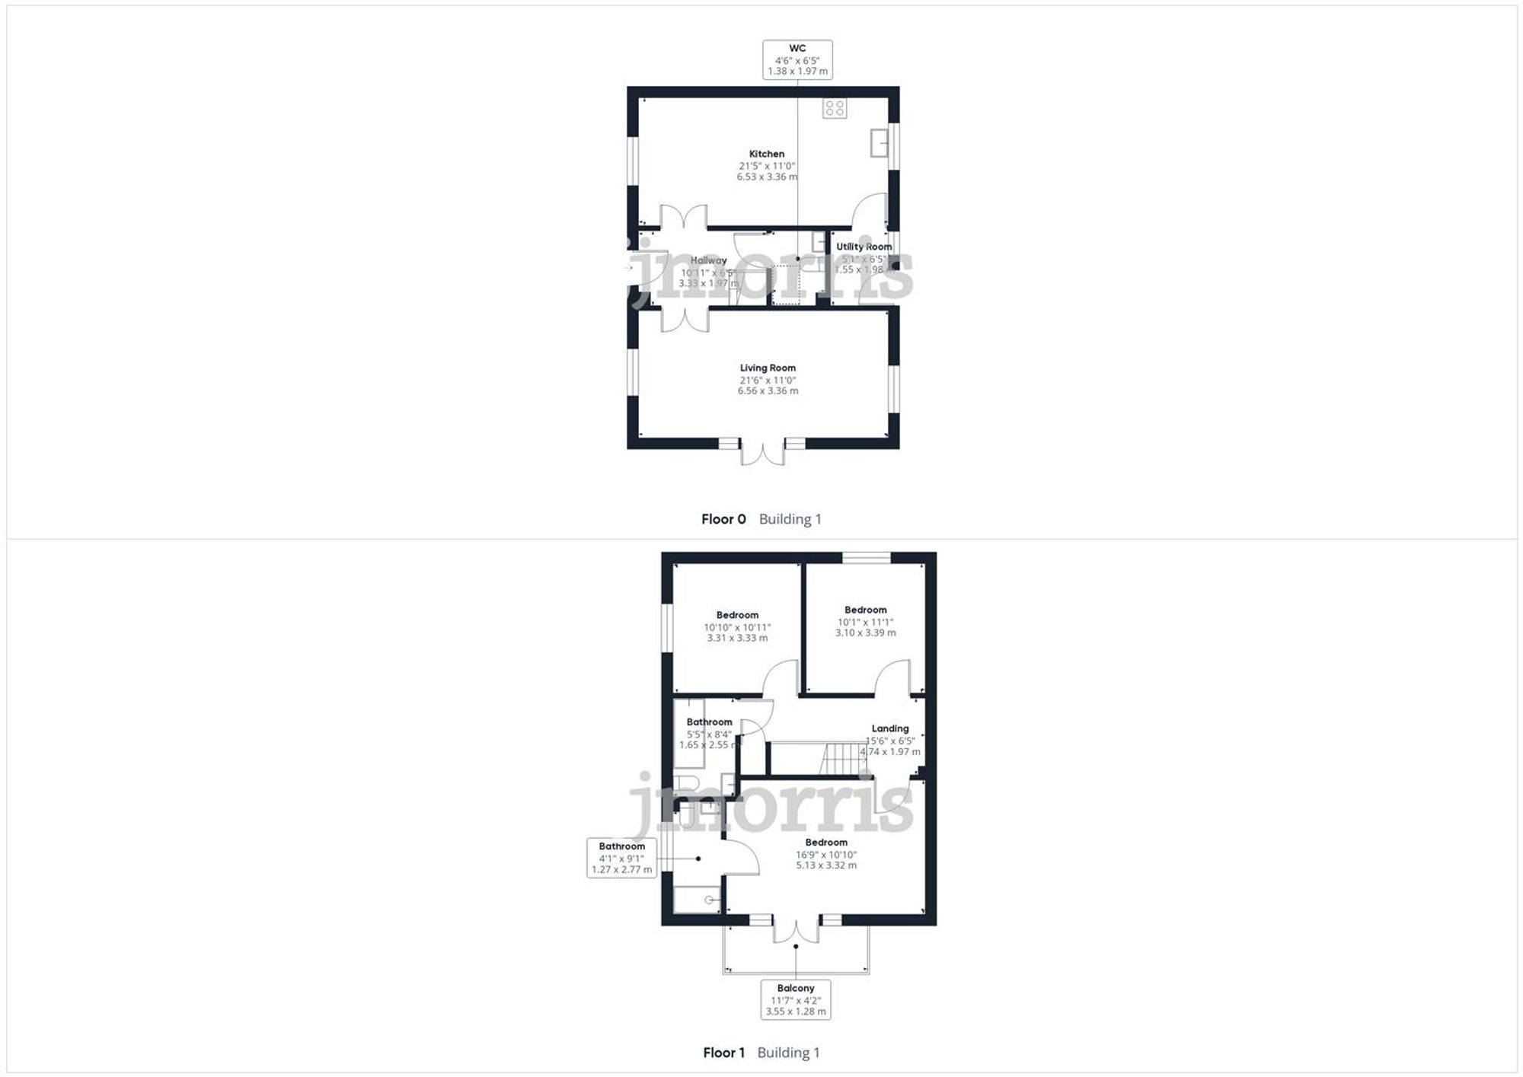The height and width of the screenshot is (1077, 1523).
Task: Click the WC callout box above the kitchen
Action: (x=797, y=59)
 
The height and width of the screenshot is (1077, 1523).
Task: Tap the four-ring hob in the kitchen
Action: (x=835, y=108)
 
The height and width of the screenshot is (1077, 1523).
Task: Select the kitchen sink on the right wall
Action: (x=879, y=142)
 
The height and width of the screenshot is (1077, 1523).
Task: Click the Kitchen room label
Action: (x=766, y=154)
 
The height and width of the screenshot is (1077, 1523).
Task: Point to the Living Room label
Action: (x=768, y=368)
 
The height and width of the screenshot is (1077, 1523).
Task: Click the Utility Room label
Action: (x=864, y=247)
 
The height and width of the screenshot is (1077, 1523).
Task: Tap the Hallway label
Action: (x=708, y=260)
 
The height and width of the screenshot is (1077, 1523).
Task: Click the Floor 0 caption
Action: (x=723, y=519)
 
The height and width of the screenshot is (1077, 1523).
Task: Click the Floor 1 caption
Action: (x=723, y=1053)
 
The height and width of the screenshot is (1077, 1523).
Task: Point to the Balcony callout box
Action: (x=796, y=999)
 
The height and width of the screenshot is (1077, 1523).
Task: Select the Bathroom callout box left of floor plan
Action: (x=621, y=858)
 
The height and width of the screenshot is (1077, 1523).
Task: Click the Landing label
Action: (x=889, y=728)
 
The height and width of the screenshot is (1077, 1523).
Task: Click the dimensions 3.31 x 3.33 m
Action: (x=737, y=638)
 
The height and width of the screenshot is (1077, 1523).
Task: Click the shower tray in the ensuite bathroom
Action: (x=698, y=900)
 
